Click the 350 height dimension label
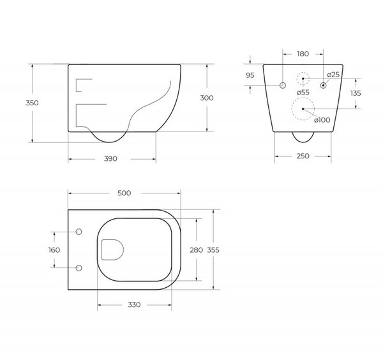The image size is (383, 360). (x=33, y=103)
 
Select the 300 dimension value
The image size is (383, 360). (x=207, y=98)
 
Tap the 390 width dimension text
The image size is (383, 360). (x=110, y=159)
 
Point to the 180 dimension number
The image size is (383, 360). (x=303, y=54)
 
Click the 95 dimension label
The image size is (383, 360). (x=250, y=75)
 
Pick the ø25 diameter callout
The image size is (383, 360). (x=333, y=75)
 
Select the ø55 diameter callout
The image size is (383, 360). (x=303, y=93)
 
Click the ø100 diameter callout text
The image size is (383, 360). (x=322, y=120)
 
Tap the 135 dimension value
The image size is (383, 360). (x=356, y=93)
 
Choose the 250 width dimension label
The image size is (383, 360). (x=303, y=156)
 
